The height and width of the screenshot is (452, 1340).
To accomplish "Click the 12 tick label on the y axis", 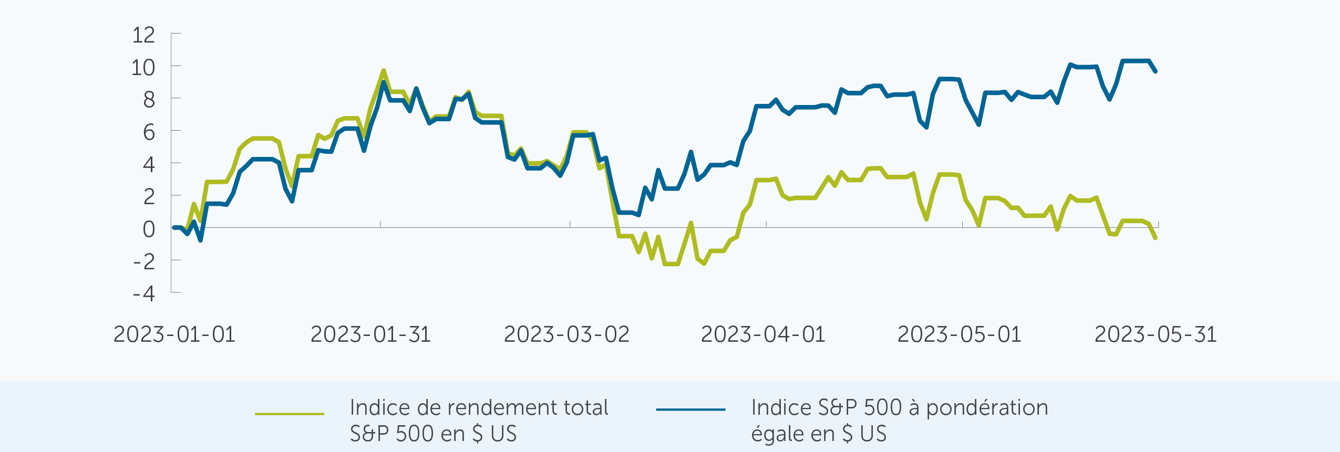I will (143, 36).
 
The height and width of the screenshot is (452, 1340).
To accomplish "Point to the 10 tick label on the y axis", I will (143, 68).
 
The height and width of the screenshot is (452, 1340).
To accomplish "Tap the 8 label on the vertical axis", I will (149, 100).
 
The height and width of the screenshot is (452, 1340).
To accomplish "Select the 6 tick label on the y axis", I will (149, 132).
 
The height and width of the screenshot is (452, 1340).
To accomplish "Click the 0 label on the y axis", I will (149, 229).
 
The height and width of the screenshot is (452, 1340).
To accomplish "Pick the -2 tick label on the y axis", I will (144, 261).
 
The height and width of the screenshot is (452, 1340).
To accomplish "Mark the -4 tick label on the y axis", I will (144, 293).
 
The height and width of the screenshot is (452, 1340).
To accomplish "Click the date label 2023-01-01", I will (174, 334).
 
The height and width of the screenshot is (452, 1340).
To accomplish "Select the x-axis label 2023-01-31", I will (371, 334).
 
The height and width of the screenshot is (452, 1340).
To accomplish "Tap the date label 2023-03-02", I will (566, 334).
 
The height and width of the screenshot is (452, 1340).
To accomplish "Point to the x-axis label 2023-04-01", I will (763, 334).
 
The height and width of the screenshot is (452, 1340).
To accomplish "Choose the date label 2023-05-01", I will (960, 334).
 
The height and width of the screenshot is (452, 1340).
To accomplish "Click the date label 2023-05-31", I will (1156, 334).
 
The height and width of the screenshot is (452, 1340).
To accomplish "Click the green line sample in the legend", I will (290, 414).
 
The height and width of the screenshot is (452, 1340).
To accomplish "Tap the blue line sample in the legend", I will (690, 409).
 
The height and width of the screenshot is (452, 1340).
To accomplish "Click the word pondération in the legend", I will (987, 408).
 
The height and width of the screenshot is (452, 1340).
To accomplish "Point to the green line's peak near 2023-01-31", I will (384, 70).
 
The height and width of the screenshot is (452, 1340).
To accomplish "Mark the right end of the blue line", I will (1156, 71).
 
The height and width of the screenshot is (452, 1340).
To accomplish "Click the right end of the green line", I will (1156, 238).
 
